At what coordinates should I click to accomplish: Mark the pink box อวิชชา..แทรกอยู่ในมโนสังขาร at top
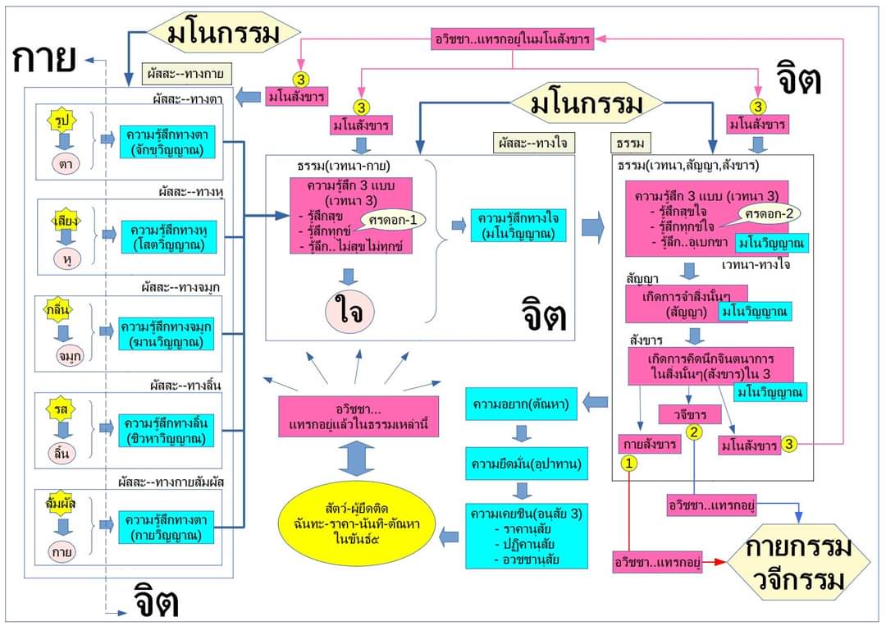tap(513, 39)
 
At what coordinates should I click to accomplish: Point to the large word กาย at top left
tap(46, 57)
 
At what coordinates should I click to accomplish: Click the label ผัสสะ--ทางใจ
tap(534, 143)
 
